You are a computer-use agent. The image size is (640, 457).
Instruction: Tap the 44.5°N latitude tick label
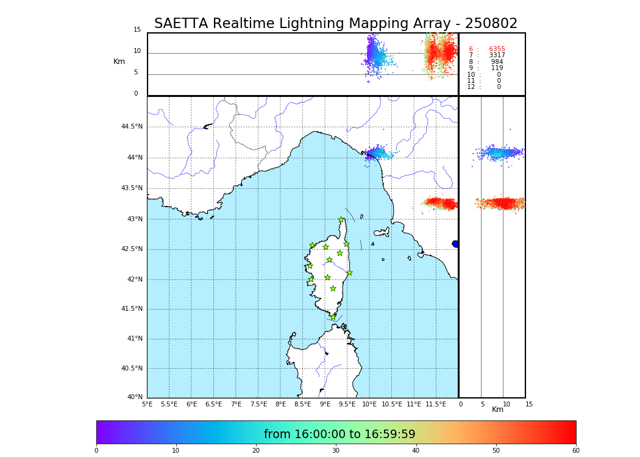tap(132, 127)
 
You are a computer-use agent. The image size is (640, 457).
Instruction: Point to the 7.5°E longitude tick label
tap(258, 404)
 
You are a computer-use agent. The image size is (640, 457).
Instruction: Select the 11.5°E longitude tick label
tap(436, 404)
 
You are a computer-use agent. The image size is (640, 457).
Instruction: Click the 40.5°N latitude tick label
tap(132, 369)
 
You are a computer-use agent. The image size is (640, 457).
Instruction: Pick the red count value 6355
tap(497, 49)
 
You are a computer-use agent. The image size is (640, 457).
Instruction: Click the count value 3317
tap(497, 55)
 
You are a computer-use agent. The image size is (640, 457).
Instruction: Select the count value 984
tap(497, 62)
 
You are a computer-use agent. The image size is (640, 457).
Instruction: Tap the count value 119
tap(497, 68)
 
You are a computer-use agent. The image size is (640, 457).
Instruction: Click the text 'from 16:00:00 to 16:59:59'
tap(340, 434)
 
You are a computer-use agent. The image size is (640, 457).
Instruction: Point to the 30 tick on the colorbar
tap(336, 451)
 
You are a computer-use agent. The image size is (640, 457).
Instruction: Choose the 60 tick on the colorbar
tap(575, 451)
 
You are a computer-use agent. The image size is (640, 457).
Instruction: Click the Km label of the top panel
tap(119, 62)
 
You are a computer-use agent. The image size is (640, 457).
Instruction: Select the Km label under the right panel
tap(497, 409)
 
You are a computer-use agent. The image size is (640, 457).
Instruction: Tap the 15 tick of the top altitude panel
tap(137, 30)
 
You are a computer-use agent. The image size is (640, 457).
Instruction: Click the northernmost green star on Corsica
tap(341, 219)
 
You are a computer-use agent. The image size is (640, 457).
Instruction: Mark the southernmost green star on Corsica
tap(333, 317)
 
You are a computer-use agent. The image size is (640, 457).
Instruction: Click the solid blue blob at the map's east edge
tap(455, 244)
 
